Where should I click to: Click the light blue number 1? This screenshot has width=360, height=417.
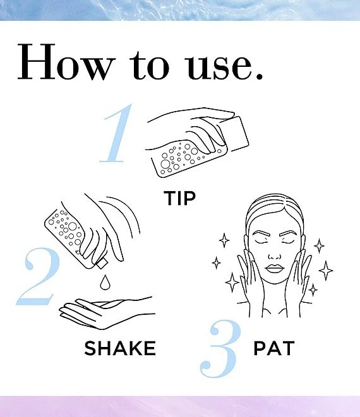(x=116, y=133)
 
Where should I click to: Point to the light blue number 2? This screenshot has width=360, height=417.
(x=38, y=276)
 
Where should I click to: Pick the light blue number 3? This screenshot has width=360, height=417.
(x=220, y=348)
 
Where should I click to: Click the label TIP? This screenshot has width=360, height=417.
(x=180, y=198)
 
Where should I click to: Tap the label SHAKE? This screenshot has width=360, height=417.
(x=120, y=348)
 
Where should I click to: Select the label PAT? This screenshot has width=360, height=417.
(x=274, y=348)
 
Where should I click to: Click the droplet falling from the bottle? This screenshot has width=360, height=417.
(x=105, y=282)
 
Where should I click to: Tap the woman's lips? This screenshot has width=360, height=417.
(x=274, y=268)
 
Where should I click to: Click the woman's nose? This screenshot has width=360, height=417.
(x=274, y=257)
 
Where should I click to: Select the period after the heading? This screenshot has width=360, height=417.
(x=258, y=76)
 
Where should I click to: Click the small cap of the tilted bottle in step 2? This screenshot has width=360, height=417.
(x=102, y=264)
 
